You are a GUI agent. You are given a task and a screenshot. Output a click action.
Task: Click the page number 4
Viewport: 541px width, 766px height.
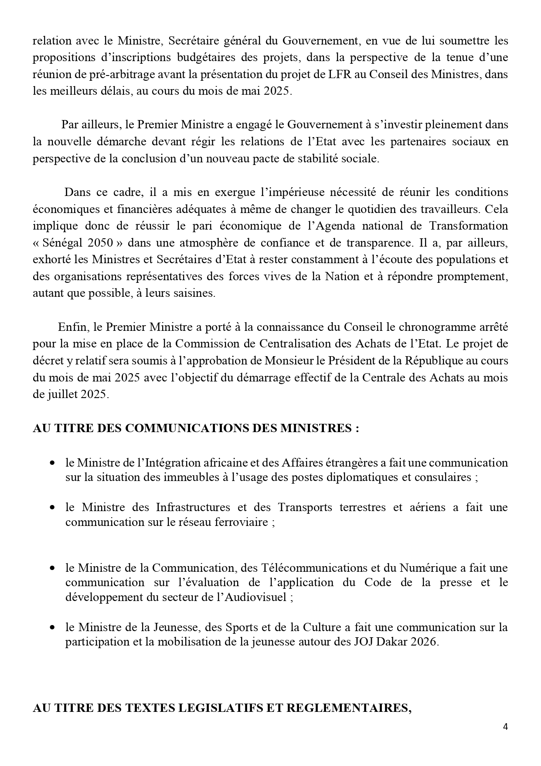click(x=505, y=727)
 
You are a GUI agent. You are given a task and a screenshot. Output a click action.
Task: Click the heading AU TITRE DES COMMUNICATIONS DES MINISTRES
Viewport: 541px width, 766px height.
click(x=196, y=428)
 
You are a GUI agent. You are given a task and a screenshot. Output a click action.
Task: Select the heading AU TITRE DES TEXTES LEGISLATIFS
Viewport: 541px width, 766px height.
click(x=222, y=708)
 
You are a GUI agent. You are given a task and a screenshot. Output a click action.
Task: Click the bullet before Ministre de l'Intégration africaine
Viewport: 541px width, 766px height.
click(x=53, y=463)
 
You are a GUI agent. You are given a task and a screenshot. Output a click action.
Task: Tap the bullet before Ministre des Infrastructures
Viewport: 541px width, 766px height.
click(x=53, y=508)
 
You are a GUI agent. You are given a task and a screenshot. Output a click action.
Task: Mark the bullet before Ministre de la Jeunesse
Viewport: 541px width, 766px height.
click(x=53, y=628)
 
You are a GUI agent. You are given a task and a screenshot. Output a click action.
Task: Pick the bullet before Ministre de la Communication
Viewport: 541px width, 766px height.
click(x=53, y=568)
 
